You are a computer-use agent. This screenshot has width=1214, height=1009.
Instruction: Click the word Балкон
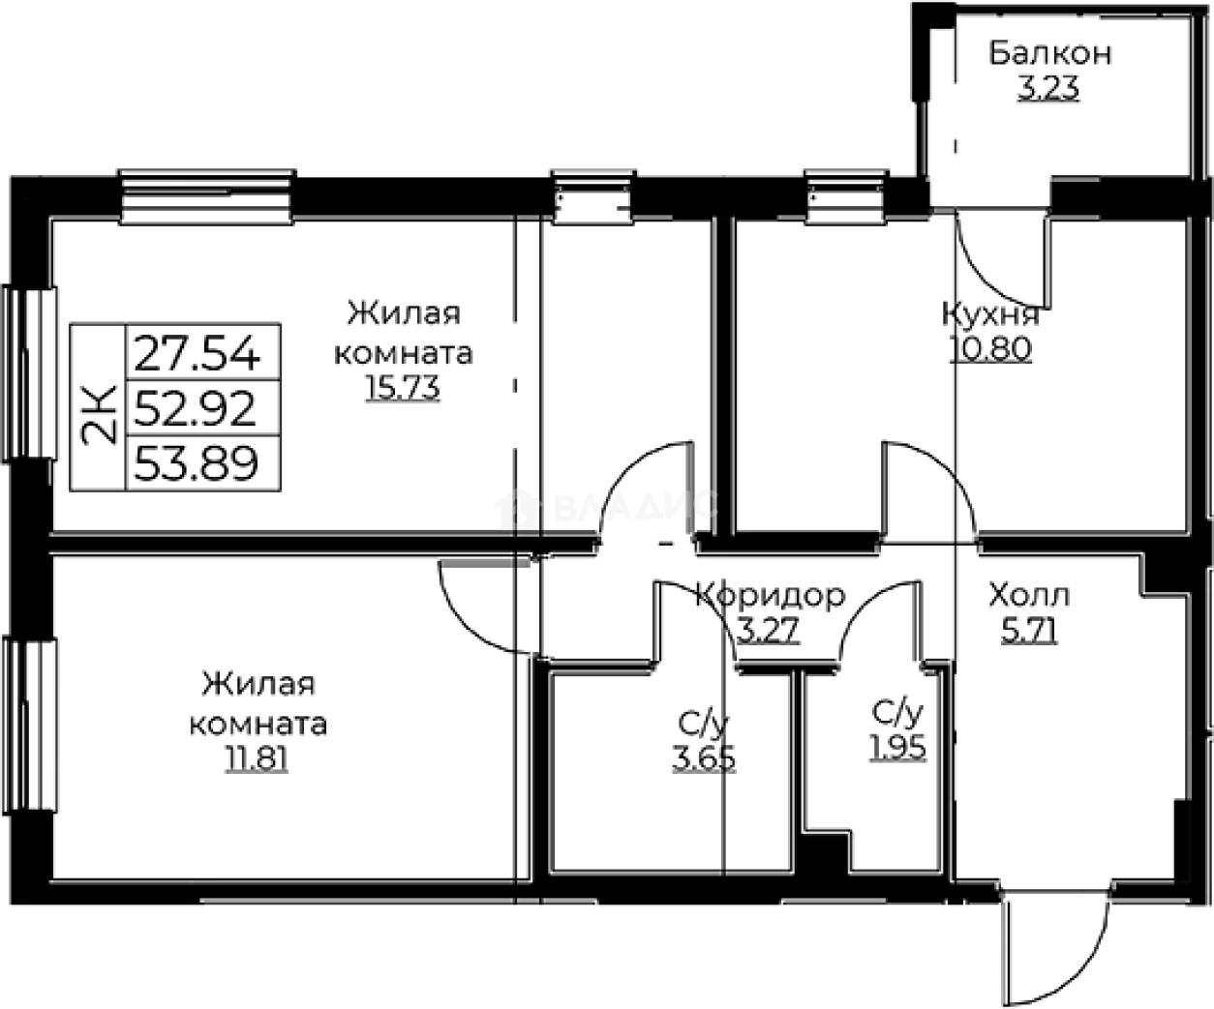[x=1049, y=53]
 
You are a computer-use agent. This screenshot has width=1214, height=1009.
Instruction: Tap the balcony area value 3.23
[x=1047, y=90]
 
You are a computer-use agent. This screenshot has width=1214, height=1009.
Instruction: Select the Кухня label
[x=990, y=313]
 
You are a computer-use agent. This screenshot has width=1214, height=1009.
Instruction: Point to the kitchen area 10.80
[x=990, y=348]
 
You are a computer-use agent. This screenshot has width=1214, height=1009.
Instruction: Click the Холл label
[x=1028, y=594]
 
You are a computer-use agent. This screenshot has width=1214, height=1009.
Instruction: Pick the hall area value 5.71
[x=1028, y=631]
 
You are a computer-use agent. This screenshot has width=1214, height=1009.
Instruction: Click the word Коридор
[x=771, y=595]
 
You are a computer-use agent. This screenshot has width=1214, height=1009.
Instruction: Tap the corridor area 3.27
[x=769, y=631]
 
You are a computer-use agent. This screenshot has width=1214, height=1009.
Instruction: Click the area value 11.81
[x=257, y=758]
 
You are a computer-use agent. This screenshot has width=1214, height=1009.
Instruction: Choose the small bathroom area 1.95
[x=897, y=748]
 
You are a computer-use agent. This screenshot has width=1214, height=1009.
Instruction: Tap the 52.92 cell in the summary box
[x=197, y=410]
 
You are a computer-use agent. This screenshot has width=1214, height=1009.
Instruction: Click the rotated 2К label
[x=101, y=410]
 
